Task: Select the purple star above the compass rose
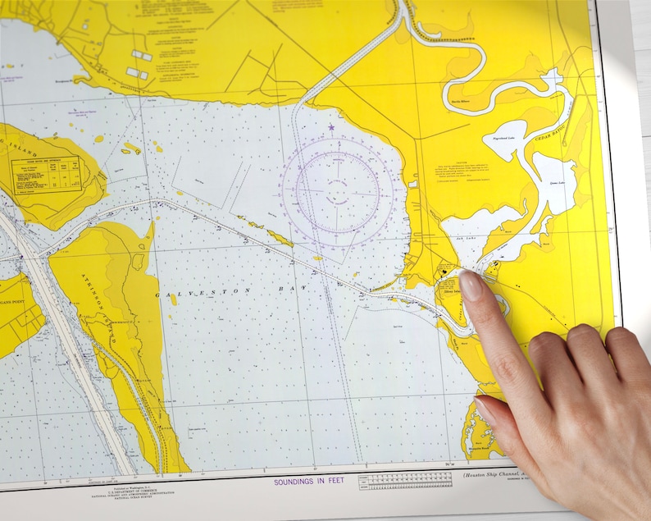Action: [x=331, y=128]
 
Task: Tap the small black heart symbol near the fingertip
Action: [x=444, y=268]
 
